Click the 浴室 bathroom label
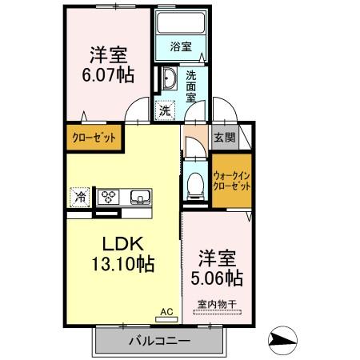click(x=181, y=46)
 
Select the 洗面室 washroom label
click(x=192, y=85)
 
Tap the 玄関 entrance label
click(x=224, y=137)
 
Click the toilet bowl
click(x=194, y=185)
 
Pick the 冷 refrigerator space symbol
click(x=81, y=195)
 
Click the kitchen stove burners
click(x=110, y=196)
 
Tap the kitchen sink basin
click(x=139, y=196)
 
